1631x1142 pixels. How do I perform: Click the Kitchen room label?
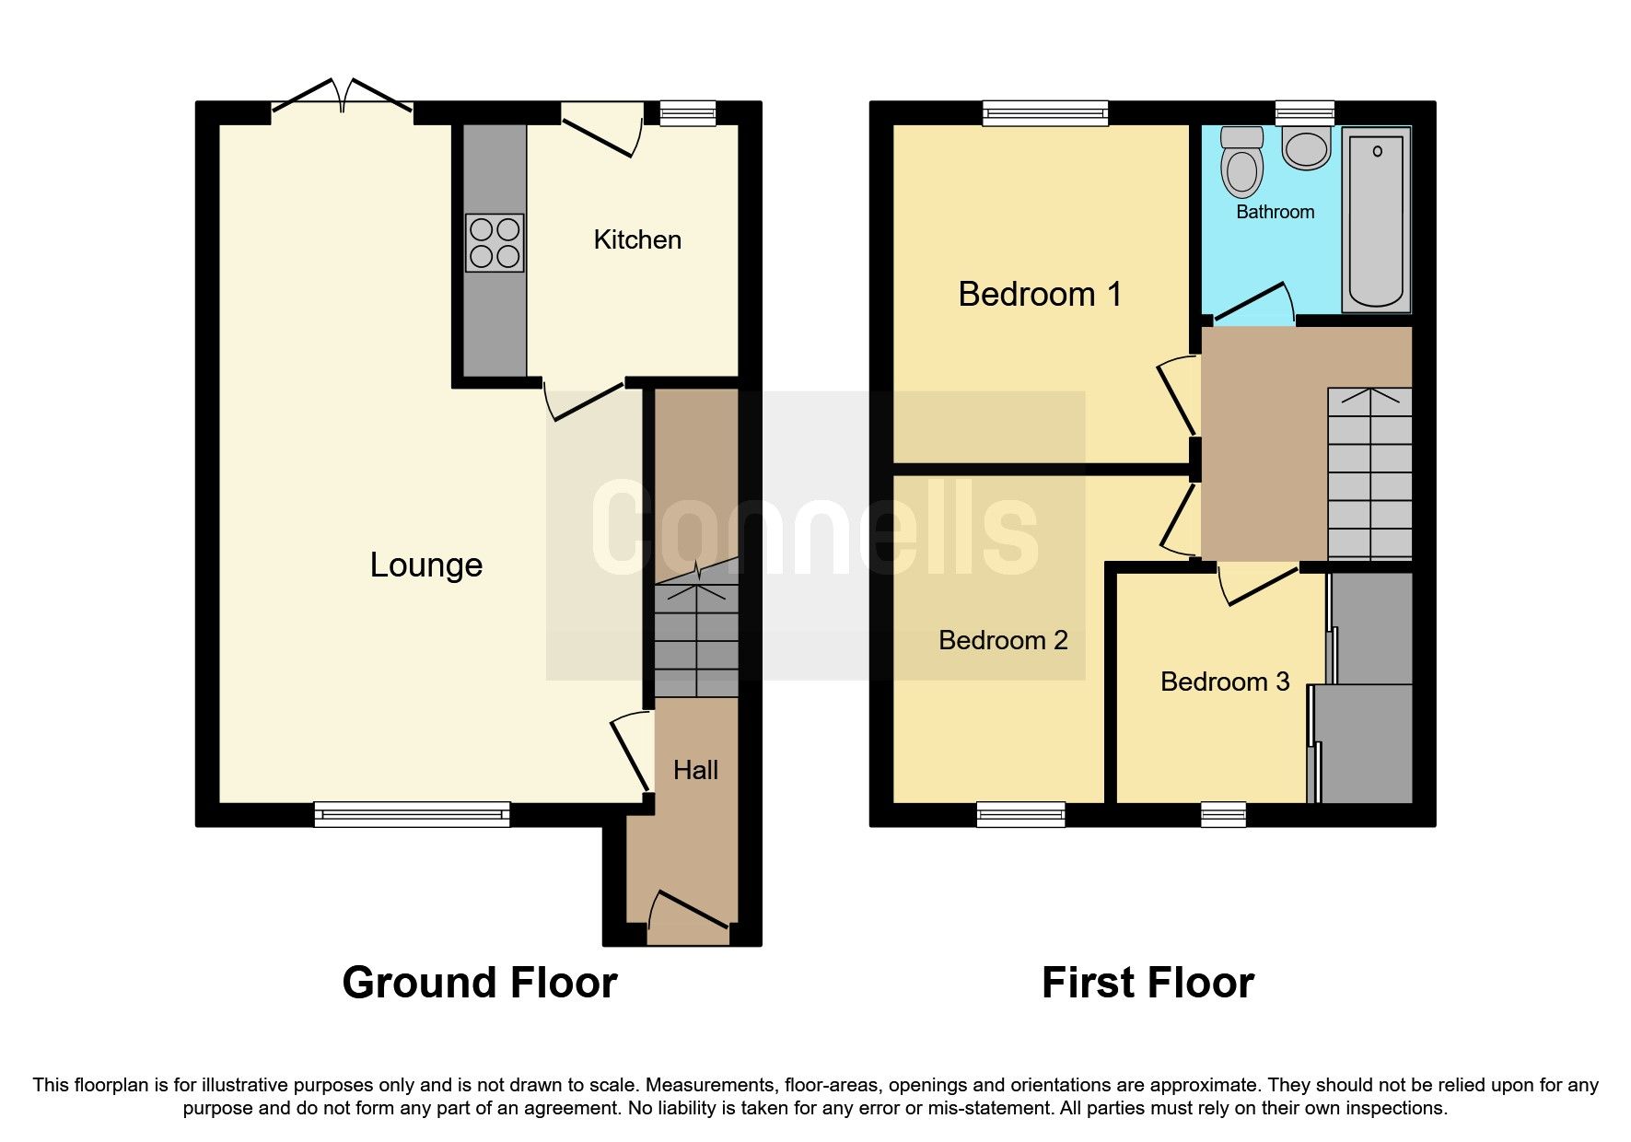pyautogui.click(x=637, y=240)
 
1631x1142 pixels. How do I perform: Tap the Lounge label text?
pyautogui.click(x=425, y=565)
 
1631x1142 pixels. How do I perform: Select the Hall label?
pyautogui.click(x=695, y=770)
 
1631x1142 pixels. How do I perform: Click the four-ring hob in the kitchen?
pyautogui.click(x=495, y=243)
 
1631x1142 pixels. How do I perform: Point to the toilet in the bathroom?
pyautogui.click(x=1241, y=164)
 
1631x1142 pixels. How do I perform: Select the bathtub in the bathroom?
pyautogui.click(x=1377, y=219)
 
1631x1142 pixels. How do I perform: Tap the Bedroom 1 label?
pyautogui.click(x=1040, y=295)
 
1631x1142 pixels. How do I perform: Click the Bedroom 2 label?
pyautogui.click(x=1003, y=640)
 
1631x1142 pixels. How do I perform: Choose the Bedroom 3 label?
pyautogui.click(x=1224, y=682)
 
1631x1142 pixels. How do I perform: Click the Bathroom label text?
pyautogui.click(x=1275, y=212)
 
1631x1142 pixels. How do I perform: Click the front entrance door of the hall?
pyautogui.click(x=689, y=912)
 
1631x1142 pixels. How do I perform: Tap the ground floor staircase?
pyautogui.click(x=696, y=635)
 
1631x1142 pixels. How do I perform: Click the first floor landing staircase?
pyautogui.click(x=1369, y=474)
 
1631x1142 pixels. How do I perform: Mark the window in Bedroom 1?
pyautogui.click(x=1045, y=113)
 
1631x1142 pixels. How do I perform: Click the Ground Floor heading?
pyautogui.click(x=479, y=983)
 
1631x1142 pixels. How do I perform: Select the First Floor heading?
pyautogui.click(x=1148, y=983)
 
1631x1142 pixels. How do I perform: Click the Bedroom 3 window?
pyautogui.click(x=1223, y=814)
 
